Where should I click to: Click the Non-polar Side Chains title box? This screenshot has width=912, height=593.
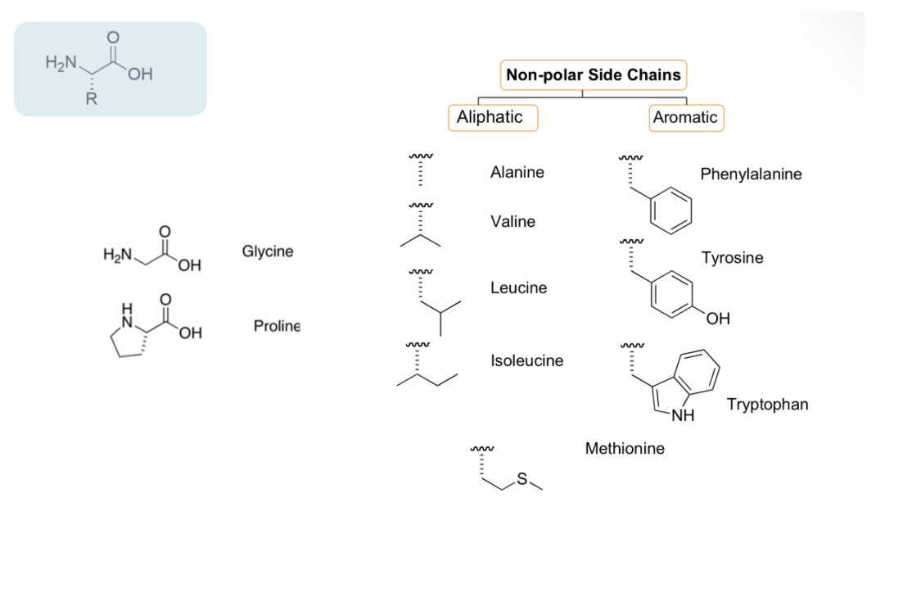[593, 75]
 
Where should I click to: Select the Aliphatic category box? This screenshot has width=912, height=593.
[490, 117]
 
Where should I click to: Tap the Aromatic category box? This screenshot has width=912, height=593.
[685, 117]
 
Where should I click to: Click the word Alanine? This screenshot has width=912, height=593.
[517, 173]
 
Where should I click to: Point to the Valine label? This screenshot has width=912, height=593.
[512, 222]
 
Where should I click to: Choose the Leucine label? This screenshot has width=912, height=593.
[518, 288]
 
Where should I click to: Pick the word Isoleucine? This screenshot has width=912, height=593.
[526, 360]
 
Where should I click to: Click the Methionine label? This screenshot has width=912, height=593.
[625, 449]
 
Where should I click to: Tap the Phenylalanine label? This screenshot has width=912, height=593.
[751, 174]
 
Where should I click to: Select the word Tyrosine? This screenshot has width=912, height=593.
[732, 258]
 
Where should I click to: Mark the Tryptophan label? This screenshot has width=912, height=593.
[767, 405]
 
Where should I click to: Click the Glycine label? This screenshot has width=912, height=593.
[267, 251]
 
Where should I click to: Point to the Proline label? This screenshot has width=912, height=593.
[277, 326]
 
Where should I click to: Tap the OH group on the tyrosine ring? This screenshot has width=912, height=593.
[717, 319]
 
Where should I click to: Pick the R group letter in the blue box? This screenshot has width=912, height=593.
[92, 102]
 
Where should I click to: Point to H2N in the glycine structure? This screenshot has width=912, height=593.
[117, 256]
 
